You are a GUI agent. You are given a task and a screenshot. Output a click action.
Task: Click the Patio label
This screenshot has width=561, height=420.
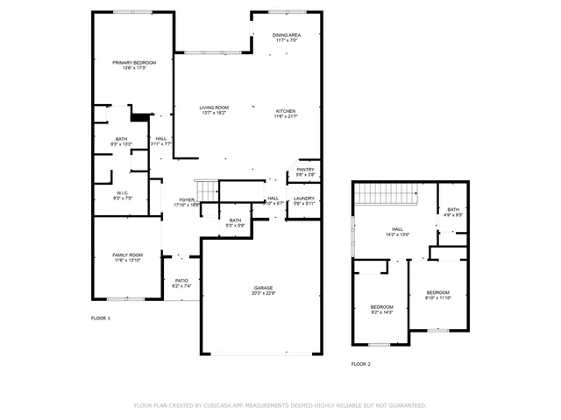click(x=181, y=283)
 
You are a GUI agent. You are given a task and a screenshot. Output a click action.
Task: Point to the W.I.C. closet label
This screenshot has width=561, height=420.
click(x=123, y=195)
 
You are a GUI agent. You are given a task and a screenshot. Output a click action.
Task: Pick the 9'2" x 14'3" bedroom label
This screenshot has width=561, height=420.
click(x=382, y=309)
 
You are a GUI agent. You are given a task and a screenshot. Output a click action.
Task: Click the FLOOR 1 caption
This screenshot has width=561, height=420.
click(x=101, y=318)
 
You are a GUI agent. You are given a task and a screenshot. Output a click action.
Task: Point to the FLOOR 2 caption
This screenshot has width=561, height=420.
click(x=361, y=363)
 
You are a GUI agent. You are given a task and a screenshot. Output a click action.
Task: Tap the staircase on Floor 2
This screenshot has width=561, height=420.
click(x=384, y=192)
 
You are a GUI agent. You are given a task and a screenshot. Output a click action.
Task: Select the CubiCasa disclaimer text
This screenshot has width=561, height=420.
click(x=280, y=405)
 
